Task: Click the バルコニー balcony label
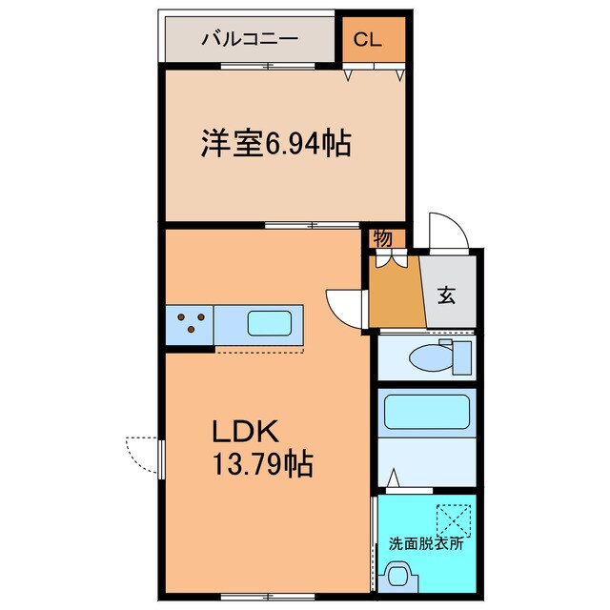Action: (x=249, y=39)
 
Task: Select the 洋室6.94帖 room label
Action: (x=274, y=145)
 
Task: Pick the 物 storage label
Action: (x=382, y=238)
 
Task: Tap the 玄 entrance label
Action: (x=447, y=295)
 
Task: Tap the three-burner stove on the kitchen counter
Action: (x=190, y=322)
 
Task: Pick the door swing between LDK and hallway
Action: (x=342, y=306)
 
